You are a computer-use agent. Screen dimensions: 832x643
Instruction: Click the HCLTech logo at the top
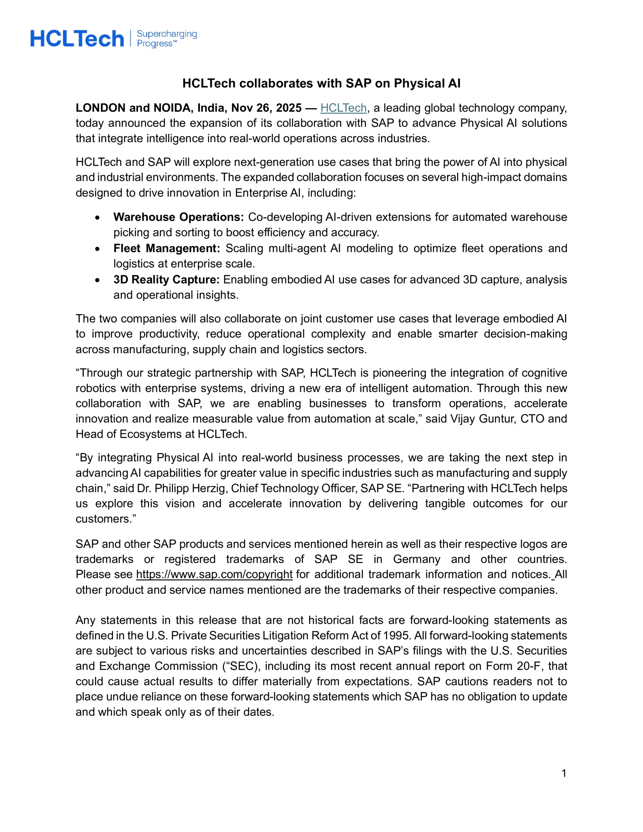click(77, 39)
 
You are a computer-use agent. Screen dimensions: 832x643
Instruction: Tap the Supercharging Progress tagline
click(166, 38)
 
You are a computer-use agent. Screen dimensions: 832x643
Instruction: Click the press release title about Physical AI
click(321, 84)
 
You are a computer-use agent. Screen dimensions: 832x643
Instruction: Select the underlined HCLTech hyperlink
click(343, 108)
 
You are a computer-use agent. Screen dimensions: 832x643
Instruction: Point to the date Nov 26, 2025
click(266, 108)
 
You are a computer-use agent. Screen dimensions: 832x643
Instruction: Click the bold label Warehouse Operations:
click(178, 217)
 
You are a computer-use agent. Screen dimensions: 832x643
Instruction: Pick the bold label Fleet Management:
click(166, 248)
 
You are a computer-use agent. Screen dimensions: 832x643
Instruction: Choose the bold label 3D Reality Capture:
click(166, 280)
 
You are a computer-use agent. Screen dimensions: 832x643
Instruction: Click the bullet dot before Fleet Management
click(97, 249)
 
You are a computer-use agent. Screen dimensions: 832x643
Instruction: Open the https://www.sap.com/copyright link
click(214, 574)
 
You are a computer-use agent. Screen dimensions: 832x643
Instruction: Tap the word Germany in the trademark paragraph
click(416, 559)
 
